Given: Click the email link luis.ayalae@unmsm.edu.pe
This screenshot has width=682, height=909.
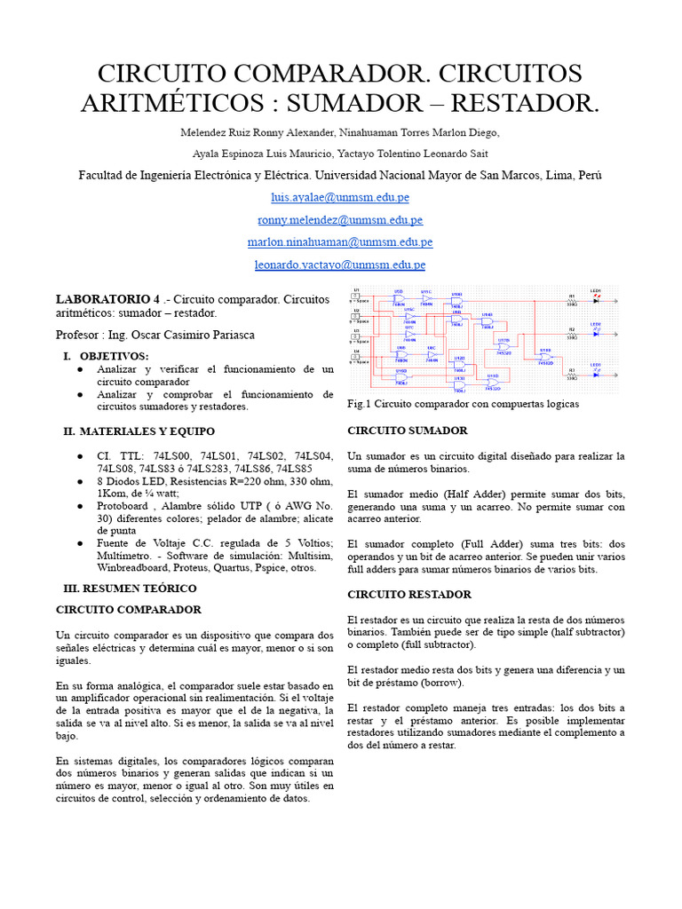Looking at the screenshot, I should tap(340, 197).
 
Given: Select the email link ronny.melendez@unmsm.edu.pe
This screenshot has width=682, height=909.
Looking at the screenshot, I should tap(340, 219).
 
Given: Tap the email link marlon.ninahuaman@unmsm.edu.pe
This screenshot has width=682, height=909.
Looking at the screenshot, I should tap(340, 241).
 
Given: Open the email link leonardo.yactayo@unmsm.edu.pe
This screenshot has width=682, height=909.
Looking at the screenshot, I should tap(340, 265).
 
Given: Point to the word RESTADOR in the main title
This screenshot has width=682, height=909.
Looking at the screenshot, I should tap(525, 104).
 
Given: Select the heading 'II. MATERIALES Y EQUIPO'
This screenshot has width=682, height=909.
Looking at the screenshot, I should tap(139, 431).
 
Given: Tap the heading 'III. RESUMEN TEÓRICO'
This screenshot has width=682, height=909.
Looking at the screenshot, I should tap(130, 588).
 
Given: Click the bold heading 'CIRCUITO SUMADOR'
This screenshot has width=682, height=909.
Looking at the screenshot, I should tap(407, 431).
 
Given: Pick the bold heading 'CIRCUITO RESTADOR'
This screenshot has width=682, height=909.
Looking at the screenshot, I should tap(408, 594).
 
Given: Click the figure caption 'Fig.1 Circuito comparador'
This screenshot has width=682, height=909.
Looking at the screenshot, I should tap(463, 404).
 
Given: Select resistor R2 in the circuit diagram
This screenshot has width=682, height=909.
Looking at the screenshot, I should tap(572, 334).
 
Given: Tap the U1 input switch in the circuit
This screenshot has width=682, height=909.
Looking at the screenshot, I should tap(356, 296).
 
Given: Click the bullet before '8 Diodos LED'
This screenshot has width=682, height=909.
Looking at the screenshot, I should tap(81, 481).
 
